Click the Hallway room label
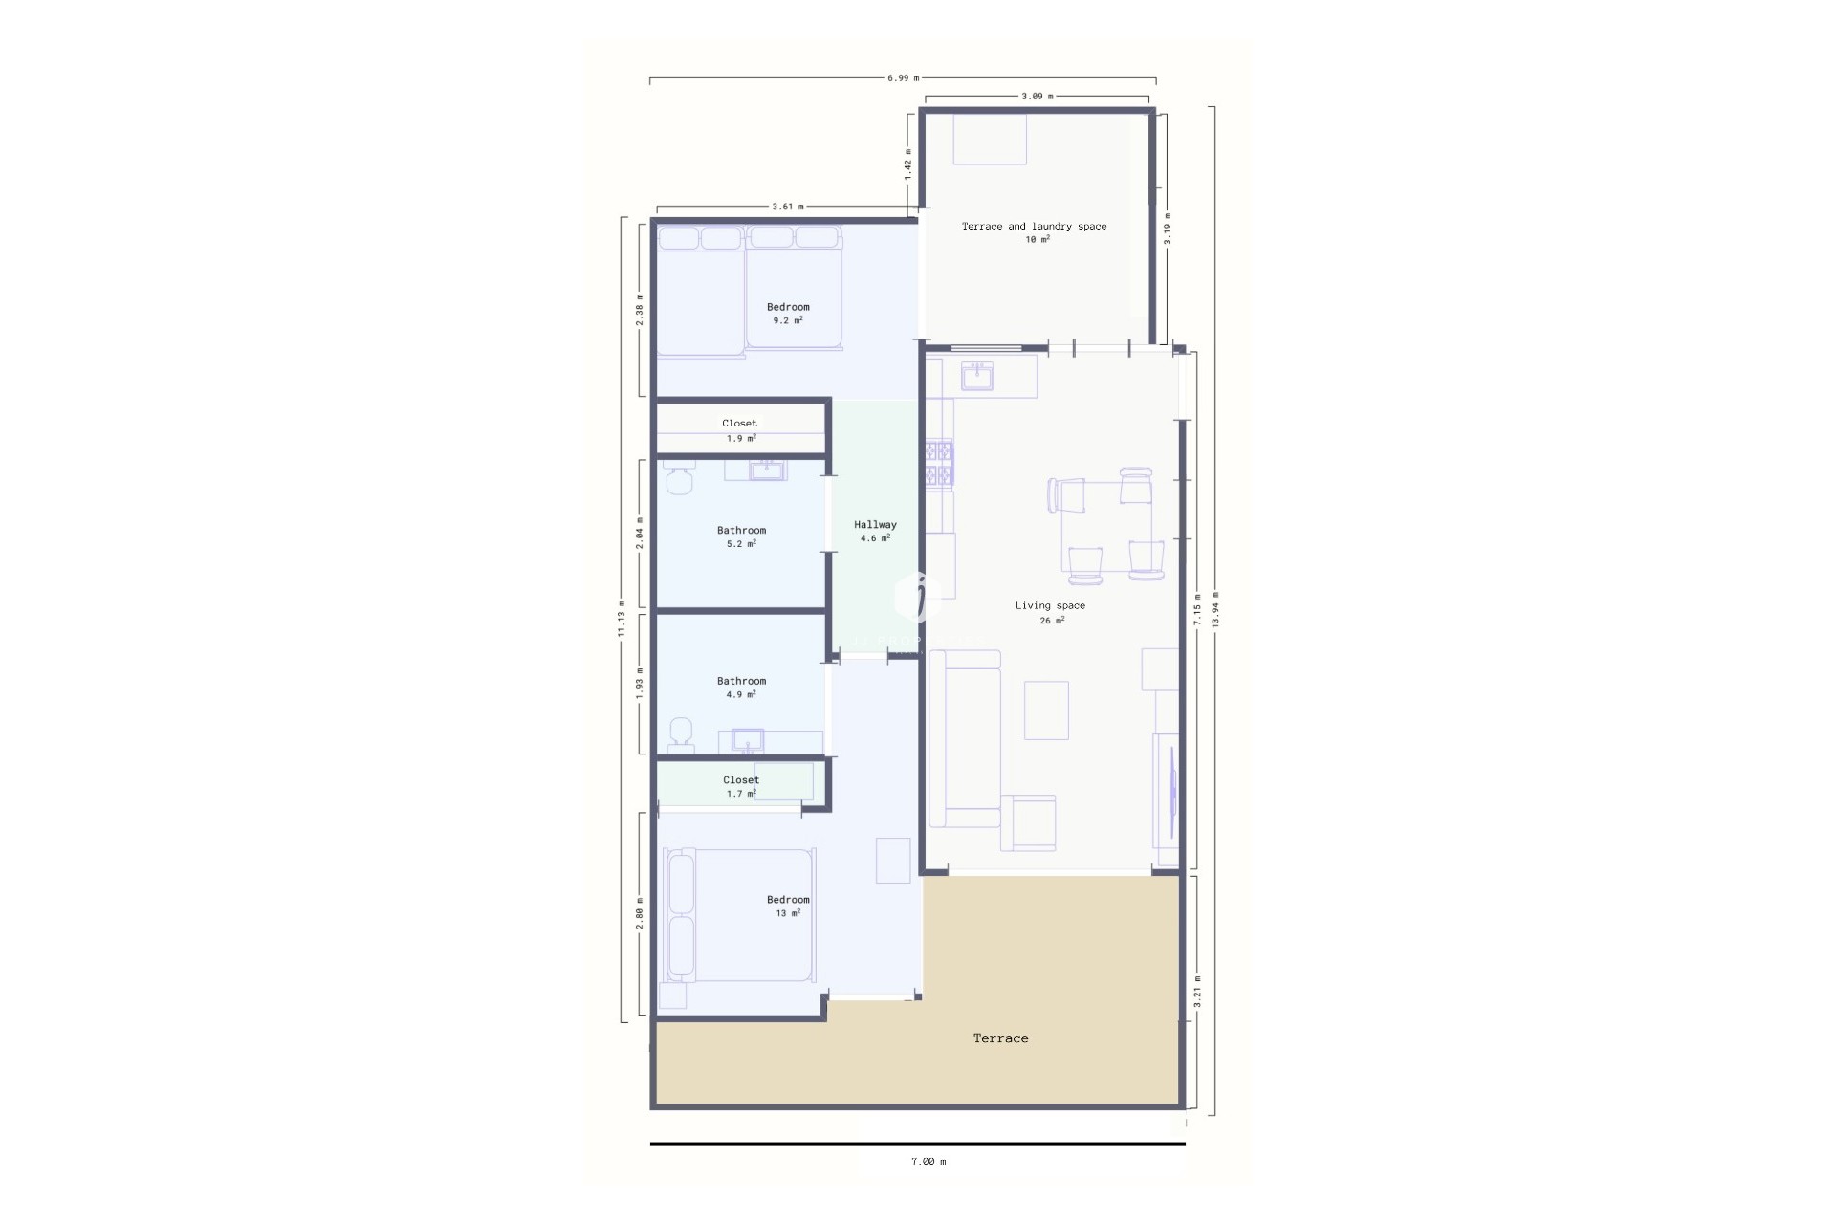(875, 524)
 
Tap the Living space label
(1050, 605)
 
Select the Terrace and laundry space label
(1034, 227)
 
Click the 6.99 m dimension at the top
(903, 78)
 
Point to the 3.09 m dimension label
(1037, 97)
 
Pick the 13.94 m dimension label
(1215, 609)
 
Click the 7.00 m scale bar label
(928, 1162)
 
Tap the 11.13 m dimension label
(622, 619)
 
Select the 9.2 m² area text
(788, 320)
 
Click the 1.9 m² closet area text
(741, 439)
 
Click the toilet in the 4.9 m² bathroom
(681, 732)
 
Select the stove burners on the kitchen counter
(939, 463)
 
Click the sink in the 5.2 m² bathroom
(766, 470)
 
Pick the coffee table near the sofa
(1046, 710)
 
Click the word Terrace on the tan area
(1000, 1038)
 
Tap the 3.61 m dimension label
(788, 207)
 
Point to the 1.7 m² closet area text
(741, 794)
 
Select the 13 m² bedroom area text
(788, 913)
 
